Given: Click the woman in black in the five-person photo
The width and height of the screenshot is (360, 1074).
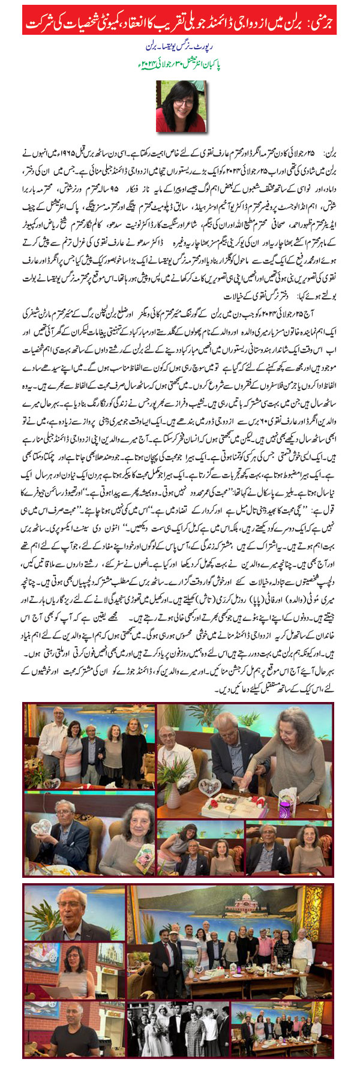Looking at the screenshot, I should tap(134, 738).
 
